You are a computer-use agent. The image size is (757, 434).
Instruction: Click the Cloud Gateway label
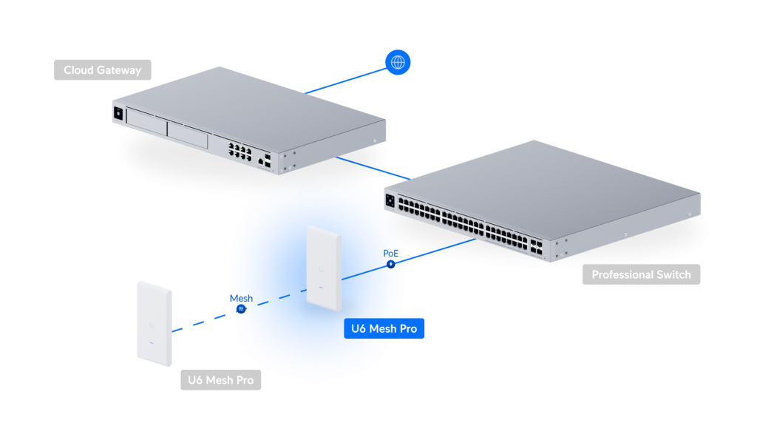(102, 70)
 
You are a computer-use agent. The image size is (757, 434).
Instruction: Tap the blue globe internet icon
(398, 63)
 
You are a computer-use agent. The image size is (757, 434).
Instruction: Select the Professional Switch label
(641, 275)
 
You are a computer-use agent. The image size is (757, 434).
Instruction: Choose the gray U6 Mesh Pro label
(220, 381)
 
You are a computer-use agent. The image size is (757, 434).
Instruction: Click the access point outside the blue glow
(154, 323)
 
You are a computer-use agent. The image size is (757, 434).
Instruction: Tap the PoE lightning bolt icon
(391, 264)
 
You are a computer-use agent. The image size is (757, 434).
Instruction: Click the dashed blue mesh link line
(200, 323)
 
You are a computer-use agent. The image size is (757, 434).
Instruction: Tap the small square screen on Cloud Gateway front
(116, 114)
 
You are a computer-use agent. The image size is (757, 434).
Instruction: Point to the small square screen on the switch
(390, 198)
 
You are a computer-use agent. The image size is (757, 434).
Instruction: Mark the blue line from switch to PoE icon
(436, 250)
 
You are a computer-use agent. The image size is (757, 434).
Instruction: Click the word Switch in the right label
(674, 275)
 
